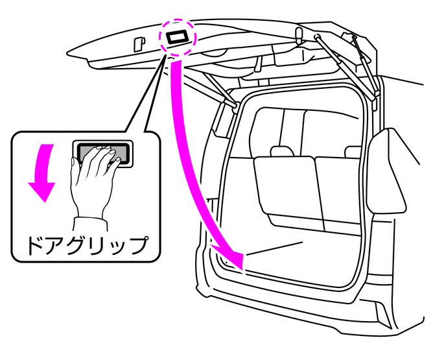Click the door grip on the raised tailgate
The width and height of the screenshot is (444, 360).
[176, 37]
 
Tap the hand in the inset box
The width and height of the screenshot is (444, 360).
[94, 175]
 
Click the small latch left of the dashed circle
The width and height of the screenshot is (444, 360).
[137, 44]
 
